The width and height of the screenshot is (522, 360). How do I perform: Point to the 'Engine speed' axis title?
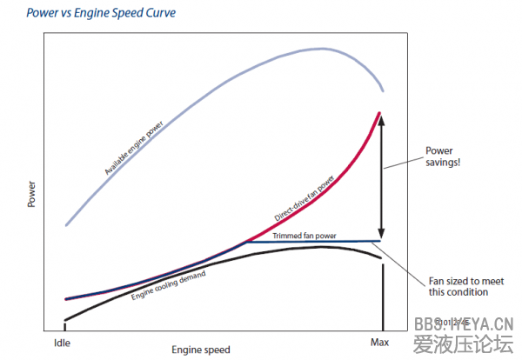pyautogui.click(x=201, y=350)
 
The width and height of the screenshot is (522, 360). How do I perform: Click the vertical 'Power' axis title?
pyautogui.click(x=31, y=192)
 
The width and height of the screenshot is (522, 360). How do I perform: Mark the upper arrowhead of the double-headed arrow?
pyautogui.click(x=382, y=117)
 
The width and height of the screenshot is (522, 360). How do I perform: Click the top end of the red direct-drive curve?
pyautogui.click(x=380, y=112)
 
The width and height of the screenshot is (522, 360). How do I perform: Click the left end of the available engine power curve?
pyautogui.click(x=65, y=224)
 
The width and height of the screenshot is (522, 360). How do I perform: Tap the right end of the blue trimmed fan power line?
pyautogui.click(x=380, y=241)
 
